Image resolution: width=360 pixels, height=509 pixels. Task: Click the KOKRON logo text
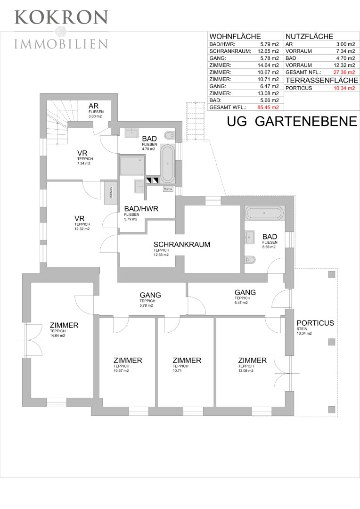coord(61,17)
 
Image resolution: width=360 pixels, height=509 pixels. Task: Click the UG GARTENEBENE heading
coord(292,121)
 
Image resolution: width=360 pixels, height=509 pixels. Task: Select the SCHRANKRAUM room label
coord(181,245)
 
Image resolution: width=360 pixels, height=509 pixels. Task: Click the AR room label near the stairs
coord(93,106)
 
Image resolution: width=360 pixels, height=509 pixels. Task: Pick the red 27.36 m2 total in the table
coord(343,72)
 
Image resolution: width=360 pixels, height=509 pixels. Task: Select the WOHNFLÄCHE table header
coord(235,36)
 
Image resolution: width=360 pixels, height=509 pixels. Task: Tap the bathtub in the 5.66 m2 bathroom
coord(264,213)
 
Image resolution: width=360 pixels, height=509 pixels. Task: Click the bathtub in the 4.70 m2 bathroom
coord(167,163)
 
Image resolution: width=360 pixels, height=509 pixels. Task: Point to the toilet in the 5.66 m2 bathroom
coord(250,259)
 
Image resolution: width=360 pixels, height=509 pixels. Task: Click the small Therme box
coord(168,189)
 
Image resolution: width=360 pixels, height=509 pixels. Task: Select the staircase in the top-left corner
coord(57,122)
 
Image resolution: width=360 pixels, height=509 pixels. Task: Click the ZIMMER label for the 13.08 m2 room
coord(252,361)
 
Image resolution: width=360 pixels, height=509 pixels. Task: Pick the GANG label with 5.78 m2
coord(150,296)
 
